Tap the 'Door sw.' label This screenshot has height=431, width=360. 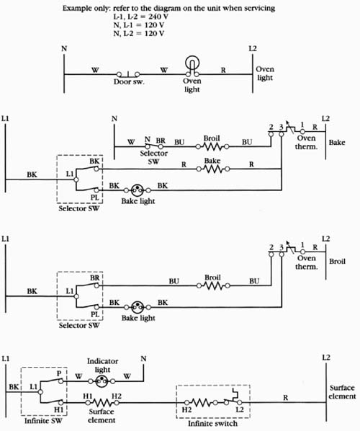click(129, 81)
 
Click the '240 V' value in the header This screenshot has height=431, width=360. click(158, 17)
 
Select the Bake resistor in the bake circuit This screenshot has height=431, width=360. click(212, 169)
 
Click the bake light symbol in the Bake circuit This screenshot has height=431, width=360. click(137, 190)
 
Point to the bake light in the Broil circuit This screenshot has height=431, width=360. click(138, 307)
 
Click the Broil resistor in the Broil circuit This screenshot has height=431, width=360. click(213, 286)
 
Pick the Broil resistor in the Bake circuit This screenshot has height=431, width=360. click(212, 146)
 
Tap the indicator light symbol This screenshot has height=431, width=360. click(102, 381)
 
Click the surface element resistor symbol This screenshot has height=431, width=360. click(102, 403)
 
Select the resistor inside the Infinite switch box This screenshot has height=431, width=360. click(201, 403)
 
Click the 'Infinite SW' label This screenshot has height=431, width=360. click(43, 421)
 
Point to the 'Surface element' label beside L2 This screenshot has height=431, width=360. click(342, 392)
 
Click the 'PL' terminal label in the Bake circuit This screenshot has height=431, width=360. click(95, 197)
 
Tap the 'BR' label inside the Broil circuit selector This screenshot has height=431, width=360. click(95, 278)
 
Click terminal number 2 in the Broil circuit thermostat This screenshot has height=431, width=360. click(271, 246)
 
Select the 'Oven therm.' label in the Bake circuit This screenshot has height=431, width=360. click(306, 142)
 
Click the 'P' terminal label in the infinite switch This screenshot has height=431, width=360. click(59, 373)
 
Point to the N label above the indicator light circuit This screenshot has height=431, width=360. click(143, 359)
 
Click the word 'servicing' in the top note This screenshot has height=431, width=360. click(260, 8)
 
